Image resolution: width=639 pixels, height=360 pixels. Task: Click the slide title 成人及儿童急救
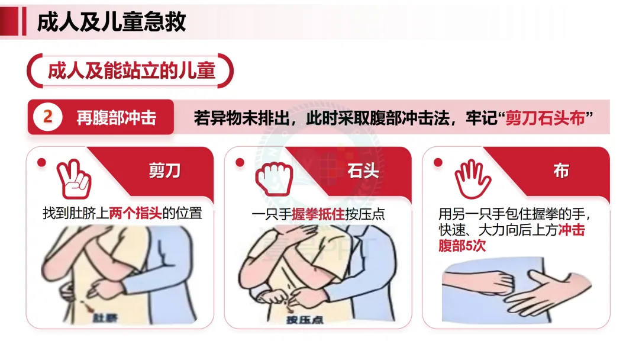[111, 21]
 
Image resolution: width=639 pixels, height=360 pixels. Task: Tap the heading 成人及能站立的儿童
[131, 71]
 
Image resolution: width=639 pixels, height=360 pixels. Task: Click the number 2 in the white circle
[48, 117]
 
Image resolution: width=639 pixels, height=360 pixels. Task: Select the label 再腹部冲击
[117, 118]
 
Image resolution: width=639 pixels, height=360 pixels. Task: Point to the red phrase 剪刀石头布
[546, 118]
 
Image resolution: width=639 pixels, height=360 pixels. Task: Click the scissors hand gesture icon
[74, 179]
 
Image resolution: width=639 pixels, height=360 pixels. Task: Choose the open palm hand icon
[473, 179]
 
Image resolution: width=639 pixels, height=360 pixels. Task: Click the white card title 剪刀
[164, 171]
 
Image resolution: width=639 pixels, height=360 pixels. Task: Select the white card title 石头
[363, 171]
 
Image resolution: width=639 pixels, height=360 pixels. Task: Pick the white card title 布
[561, 171]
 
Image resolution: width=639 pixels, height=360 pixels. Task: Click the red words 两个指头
[135, 213]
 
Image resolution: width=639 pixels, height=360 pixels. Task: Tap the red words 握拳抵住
[318, 214]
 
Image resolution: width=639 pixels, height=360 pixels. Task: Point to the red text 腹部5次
[461, 246]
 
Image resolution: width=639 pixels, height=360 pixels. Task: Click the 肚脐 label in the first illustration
[105, 317]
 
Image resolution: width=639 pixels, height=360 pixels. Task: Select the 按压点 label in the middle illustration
[305, 320]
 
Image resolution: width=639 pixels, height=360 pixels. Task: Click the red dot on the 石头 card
[240, 162]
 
